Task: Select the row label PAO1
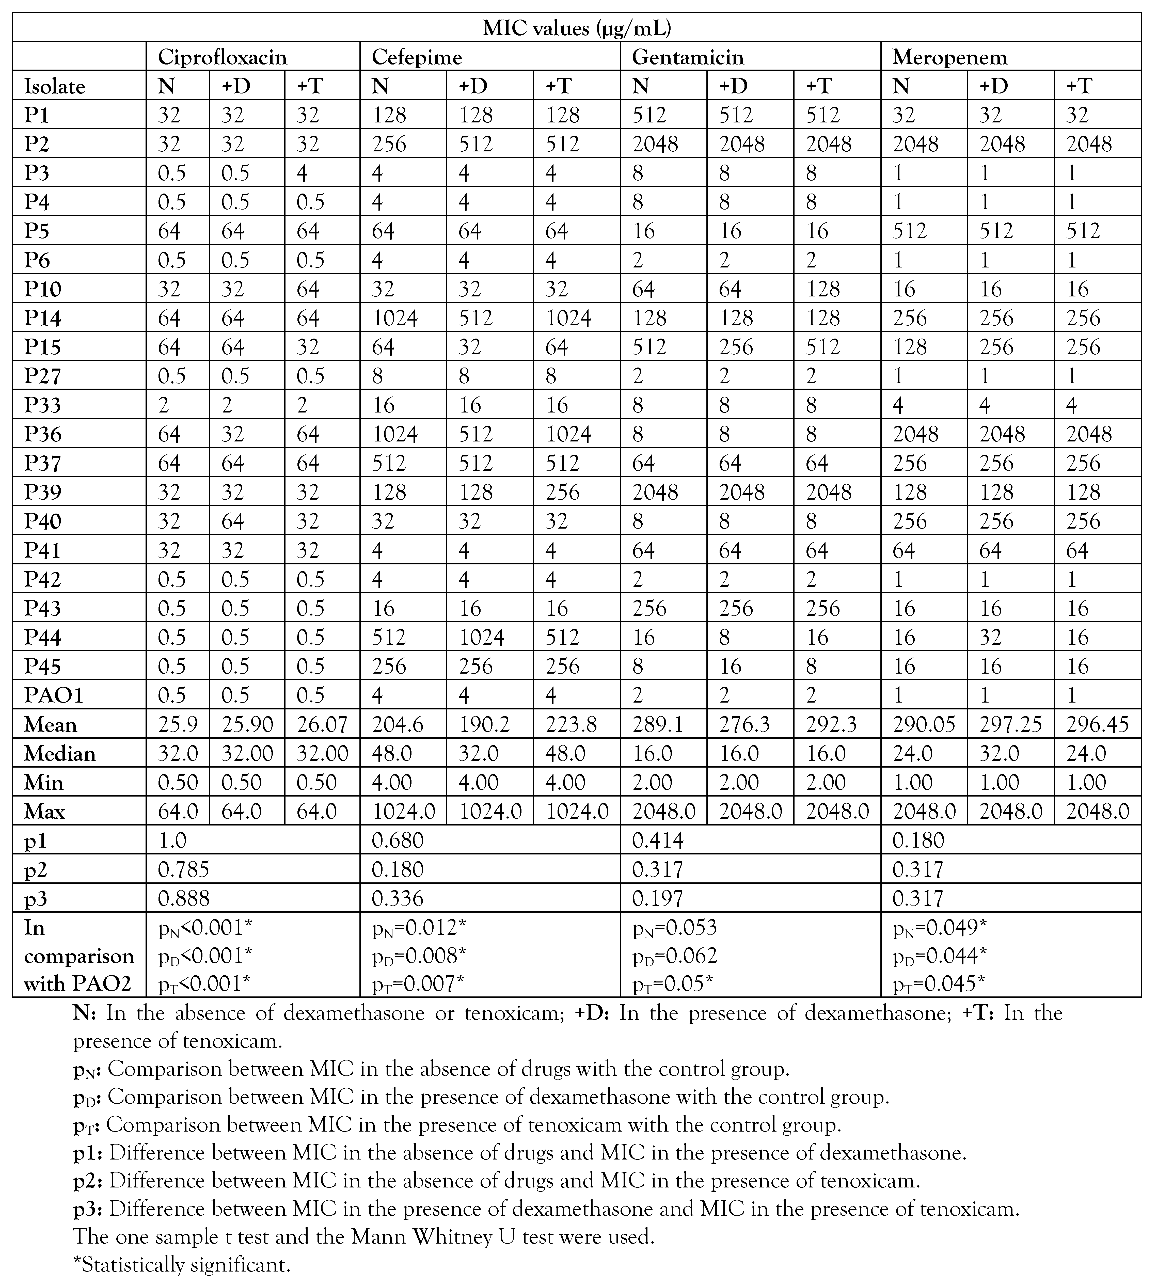click(53, 695)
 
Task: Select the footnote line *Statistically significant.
click(182, 1264)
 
